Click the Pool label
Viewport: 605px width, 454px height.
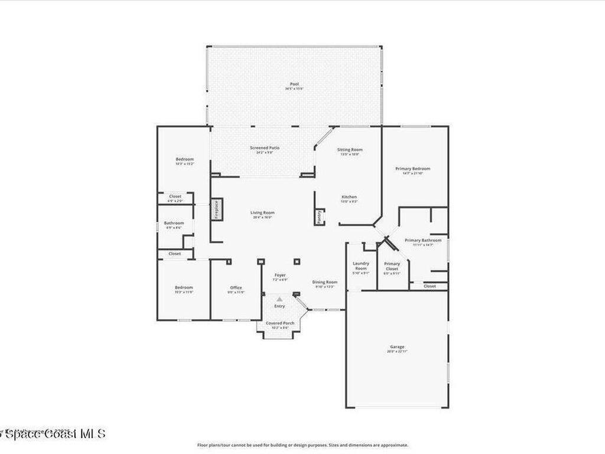[294, 85]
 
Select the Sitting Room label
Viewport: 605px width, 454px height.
[349, 150]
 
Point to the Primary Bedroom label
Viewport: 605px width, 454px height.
[412, 169]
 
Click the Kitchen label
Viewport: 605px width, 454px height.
[349, 197]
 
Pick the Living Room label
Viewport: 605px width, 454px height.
[262, 213]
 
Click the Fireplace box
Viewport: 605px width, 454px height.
[216, 209]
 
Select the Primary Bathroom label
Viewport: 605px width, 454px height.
[423, 241]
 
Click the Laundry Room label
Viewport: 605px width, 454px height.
[360, 266]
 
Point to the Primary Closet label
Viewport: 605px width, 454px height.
[392, 266]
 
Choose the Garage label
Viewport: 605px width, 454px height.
[397, 347]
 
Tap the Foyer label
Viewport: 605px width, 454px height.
[280, 275]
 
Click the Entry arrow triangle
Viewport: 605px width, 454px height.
[279, 300]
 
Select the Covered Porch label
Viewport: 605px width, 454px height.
[280, 323]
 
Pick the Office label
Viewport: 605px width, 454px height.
[236, 288]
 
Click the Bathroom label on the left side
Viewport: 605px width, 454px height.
[174, 223]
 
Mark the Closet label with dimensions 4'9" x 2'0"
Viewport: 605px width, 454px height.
[175, 197]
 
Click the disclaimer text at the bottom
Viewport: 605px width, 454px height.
[302, 445]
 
